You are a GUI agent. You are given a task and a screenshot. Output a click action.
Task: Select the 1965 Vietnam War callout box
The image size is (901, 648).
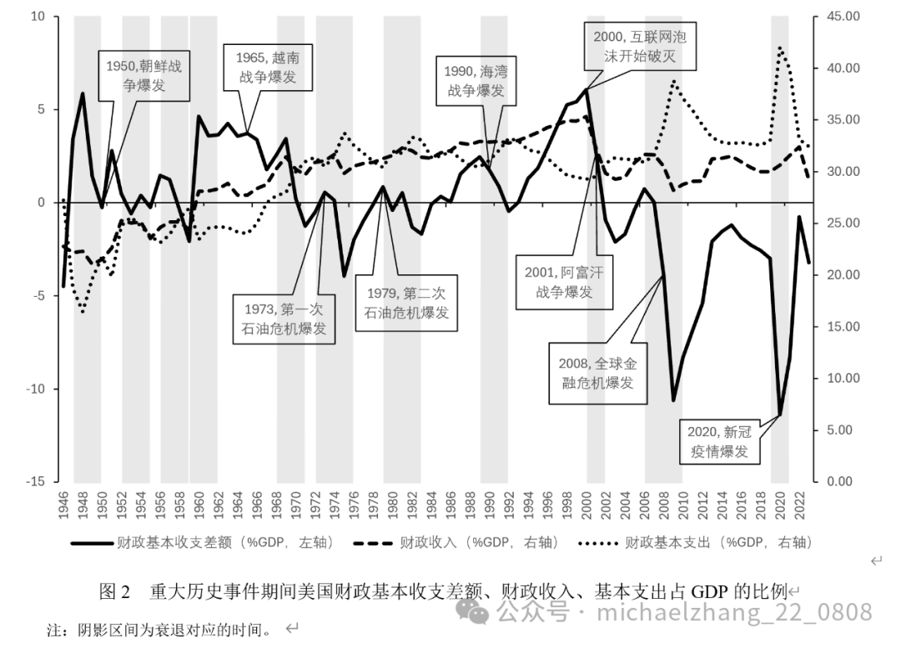click(261, 68)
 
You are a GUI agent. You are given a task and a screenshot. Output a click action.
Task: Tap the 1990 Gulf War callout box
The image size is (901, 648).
click(476, 81)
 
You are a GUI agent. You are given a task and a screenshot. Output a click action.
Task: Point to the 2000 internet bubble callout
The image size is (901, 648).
click(641, 48)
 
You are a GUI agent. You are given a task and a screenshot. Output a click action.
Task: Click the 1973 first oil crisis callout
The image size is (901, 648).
click(284, 318)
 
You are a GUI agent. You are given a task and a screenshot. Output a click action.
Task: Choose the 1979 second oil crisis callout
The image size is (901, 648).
click(407, 304)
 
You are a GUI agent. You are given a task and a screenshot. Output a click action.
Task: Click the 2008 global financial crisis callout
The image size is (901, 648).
click(598, 373)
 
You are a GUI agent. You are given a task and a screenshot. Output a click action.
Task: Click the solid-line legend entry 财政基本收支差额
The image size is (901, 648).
click(204, 543)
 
